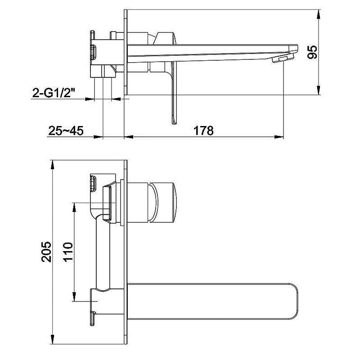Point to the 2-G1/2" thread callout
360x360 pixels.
(x=54, y=93)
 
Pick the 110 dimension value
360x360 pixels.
(x=67, y=252)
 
